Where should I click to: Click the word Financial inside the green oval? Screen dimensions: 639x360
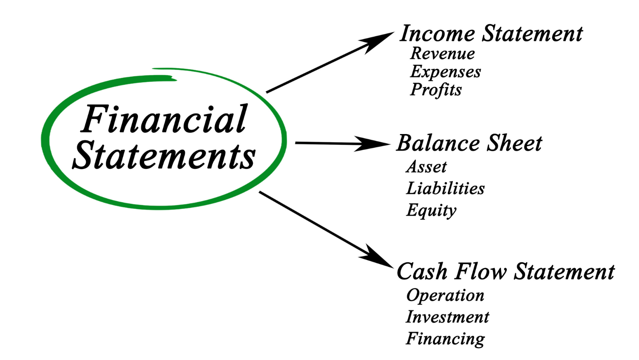click(164, 119)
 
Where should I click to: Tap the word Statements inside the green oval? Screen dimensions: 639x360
click(164, 156)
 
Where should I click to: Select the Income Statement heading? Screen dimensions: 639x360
click(491, 34)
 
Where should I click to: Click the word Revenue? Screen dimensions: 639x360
click(443, 53)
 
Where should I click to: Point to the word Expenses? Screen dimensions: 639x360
click(446, 72)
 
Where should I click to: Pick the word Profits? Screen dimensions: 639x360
click(436, 90)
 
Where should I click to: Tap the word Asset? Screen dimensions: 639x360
click(427, 167)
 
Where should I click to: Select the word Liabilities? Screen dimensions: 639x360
click(445, 188)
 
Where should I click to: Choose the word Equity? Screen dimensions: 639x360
click(431, 210)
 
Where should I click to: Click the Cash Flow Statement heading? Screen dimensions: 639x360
click(506, 271)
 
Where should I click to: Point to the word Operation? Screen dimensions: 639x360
click(445, 296)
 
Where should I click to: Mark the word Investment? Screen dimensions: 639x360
click(448, 317)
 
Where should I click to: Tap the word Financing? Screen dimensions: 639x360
click(445, 339)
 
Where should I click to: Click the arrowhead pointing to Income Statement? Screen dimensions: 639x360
click(376, 42)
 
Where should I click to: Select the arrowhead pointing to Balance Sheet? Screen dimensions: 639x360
click(372, 143)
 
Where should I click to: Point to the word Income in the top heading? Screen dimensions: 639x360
click(437, 34)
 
